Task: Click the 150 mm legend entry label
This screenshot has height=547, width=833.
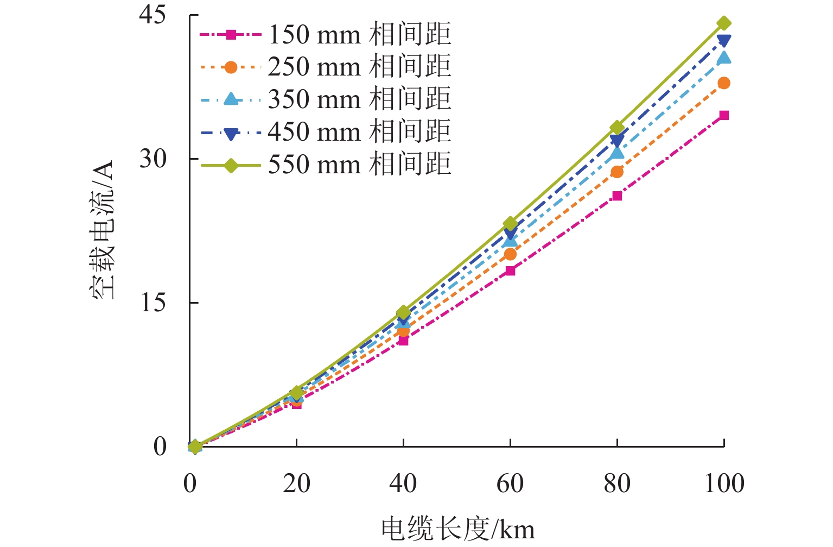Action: coord(359,35)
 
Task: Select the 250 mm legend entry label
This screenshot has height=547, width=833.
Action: coord(359,67)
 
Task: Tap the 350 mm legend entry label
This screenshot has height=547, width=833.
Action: coord(359,99)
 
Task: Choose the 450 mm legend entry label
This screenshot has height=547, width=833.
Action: coord(359,132)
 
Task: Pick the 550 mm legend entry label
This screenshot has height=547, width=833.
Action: coord(359,164)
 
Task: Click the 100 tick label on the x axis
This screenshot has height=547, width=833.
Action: coord(724,483)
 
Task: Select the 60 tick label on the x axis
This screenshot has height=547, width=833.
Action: coord(510,483)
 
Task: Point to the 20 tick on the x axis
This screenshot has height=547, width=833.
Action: coord(296,483)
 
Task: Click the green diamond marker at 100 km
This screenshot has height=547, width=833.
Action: coord(724,23)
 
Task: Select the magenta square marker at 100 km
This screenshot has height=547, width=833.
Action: coord(724,115)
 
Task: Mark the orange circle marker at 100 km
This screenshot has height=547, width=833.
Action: coord(724,83)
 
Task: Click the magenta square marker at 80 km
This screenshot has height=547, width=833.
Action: coord(617,196)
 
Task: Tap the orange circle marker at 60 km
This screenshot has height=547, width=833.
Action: coord(510,254)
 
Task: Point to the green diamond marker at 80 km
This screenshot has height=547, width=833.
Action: coord(617,128)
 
